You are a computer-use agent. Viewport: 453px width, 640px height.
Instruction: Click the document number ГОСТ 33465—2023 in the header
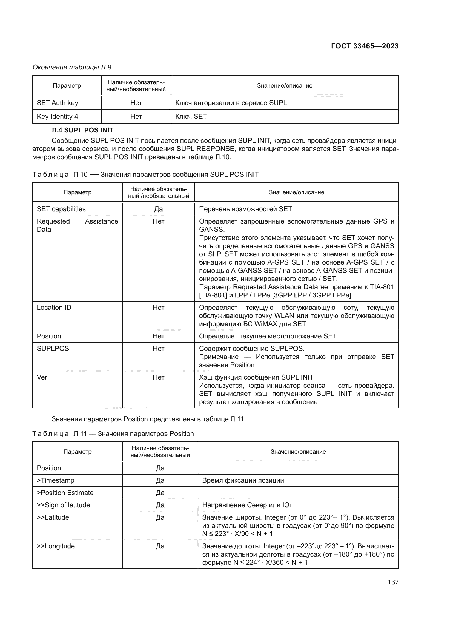pyautogui.click(x=365, y=46)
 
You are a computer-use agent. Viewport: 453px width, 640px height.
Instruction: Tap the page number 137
pyautogui.click(x=393, y=582)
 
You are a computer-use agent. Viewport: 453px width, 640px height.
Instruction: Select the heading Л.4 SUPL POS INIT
pyautogui.click(x=82, y=130)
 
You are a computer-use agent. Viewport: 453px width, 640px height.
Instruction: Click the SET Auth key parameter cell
pyautogui.click(x=58, y=103)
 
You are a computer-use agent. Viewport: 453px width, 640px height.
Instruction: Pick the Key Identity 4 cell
pyautogui.click(x=58, y=117)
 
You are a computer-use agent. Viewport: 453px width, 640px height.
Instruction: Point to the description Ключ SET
pyautogui.click(x=191, y=117)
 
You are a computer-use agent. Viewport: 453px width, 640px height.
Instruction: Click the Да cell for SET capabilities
pyautogui.click(x=158, y=209)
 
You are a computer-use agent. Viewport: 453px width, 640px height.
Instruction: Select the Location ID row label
pyautogui.click(x=54, y=308)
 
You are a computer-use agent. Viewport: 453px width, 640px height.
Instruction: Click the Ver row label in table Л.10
pyautogui.click(x=42, y=377)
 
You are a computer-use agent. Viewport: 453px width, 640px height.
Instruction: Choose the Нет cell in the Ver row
pyautogui.click(x=158, y=377)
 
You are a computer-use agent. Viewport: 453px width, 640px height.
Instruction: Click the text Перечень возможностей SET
pyautogui.click(x=245, y=209)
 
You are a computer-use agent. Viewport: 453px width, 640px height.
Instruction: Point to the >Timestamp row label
pyautogui.click(x=56, y=480)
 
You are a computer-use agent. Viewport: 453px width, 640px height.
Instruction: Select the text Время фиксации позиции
pyautogui.click(x=243, y=480)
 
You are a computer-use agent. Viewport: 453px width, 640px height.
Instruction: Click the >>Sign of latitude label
pyautogui.click(x=63, y=505)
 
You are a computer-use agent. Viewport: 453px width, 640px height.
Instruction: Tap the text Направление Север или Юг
pyautogui.click(x=247, y=505)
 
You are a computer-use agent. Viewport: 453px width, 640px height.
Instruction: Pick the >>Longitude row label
pyautogui.click(x=56, y=546)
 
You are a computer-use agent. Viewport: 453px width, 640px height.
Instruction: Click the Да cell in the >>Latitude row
pyautogui.click(x=160, y=517)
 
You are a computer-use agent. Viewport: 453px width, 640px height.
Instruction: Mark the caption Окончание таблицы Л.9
pyautogui.click(x=72, y=67)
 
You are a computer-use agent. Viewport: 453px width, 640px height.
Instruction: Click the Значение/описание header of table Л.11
pyautogui.click(x=298, y=451)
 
